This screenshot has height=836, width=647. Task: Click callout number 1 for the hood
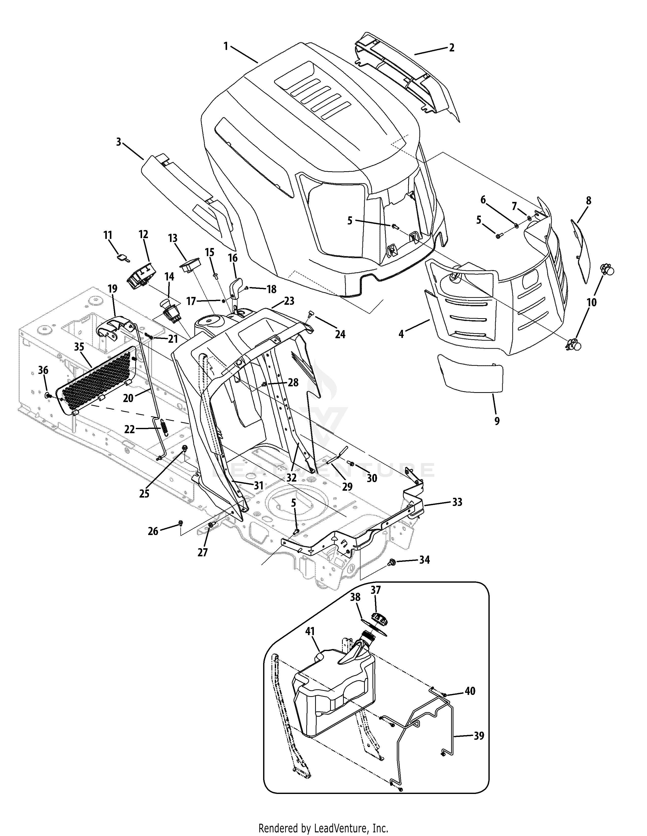pyautogui.click(x=226, y=46)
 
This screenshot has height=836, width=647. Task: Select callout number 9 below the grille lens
pyautogui.click(x=497, y=421)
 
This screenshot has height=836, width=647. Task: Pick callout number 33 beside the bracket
pyautogui.click(x=457, y=502)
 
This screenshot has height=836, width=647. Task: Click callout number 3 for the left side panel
pyautogui.click(x=119, y=142)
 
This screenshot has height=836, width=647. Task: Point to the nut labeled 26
pyautogui.click(x=181, y=522)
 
